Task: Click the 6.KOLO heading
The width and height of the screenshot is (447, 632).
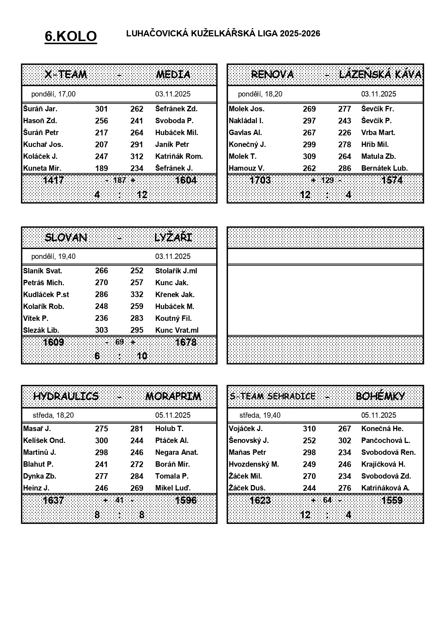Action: [x=71, y=36]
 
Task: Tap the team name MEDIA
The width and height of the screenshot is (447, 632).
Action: [x=173, y=75]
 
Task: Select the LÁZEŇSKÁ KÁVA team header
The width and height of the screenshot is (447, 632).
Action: [x=380, y=75]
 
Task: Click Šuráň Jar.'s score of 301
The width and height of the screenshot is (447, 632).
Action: [x=102, y=109]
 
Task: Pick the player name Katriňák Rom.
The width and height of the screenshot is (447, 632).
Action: [x=179, y=156]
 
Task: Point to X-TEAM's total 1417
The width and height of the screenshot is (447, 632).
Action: [x=53, y=180]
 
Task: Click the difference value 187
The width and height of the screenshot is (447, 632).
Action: [x=120, y=180]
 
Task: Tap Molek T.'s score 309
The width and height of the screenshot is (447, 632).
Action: [x=309, y=156]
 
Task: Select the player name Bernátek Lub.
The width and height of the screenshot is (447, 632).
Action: [x=384, y=168]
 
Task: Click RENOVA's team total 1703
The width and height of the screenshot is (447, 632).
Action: [x=260, y=180]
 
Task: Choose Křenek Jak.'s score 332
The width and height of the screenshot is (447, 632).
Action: [x=137, y=295]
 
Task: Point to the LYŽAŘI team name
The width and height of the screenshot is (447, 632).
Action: [x=173, y=238]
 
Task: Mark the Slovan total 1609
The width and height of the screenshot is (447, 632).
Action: [x=53, y=342]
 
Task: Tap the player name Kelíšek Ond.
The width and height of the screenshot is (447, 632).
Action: [x=44, y=440]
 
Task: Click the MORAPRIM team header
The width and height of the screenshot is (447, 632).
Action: [x=173, y=396]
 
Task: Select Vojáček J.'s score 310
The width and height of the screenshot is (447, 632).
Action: [x=309, y=429]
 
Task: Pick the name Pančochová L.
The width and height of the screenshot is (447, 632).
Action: [x=385, y=440]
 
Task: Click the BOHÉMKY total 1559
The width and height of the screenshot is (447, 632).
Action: [x=392, y=500]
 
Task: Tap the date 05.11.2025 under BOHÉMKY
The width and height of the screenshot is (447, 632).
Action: [x=379, y=415]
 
